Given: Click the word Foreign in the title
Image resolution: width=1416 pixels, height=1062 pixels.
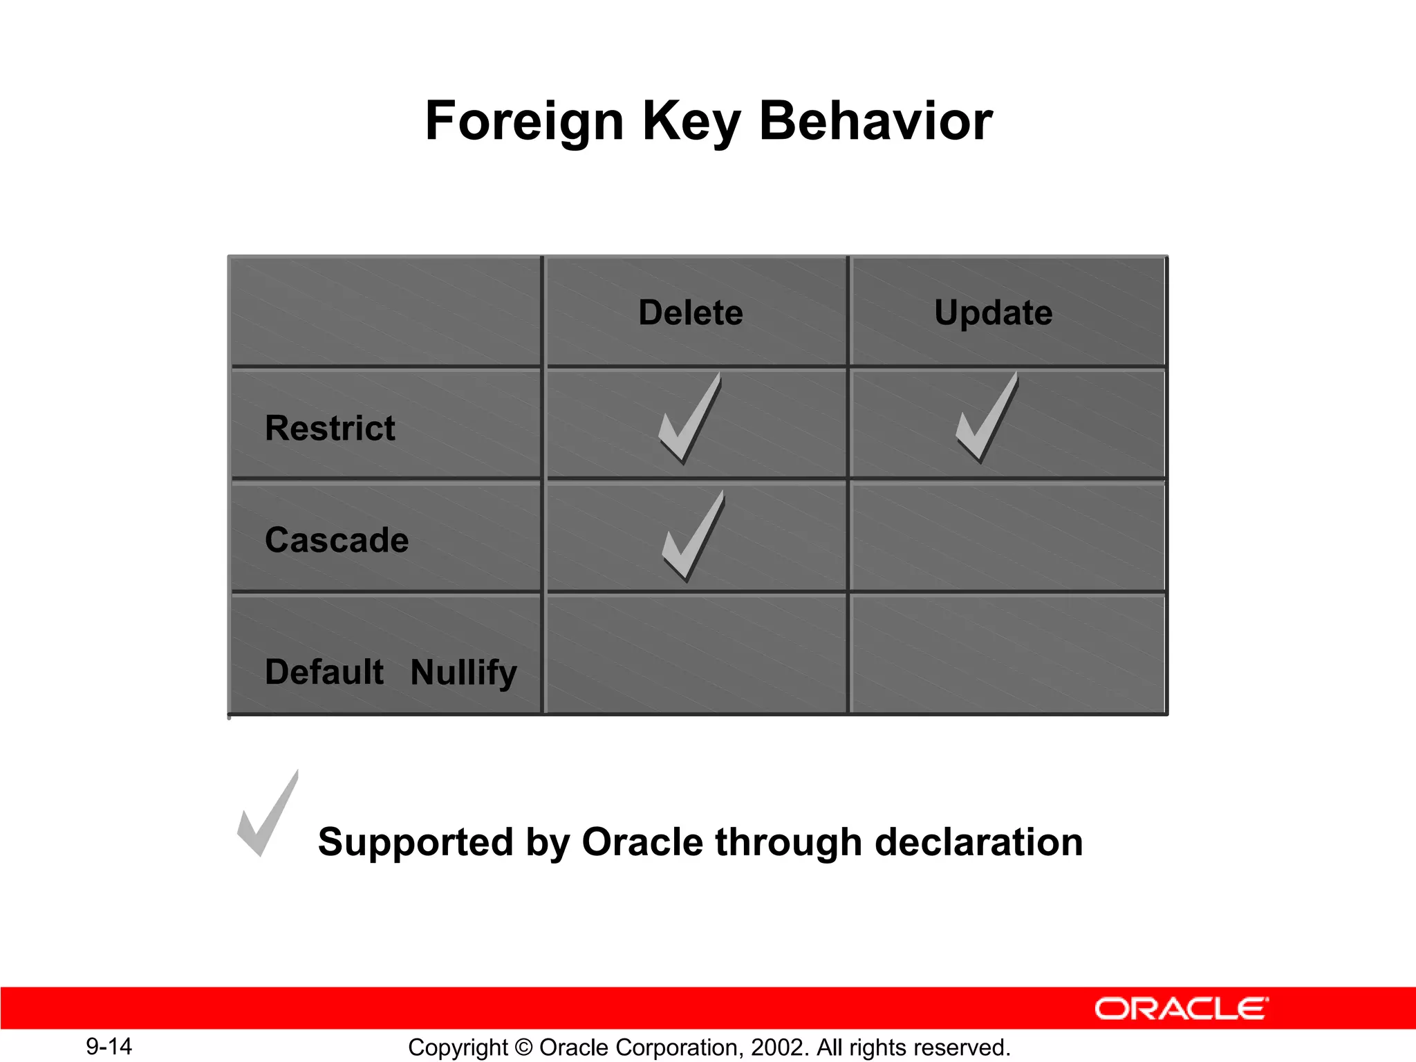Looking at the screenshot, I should click(524, 122).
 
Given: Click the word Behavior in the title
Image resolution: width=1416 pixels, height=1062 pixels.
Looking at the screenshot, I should click(875, 122).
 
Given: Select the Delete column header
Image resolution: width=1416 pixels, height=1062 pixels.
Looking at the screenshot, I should click(691, 313).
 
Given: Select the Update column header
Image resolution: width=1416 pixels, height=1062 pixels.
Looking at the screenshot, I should click(993, 313).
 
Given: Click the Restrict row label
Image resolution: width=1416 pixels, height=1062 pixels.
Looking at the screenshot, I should click(330, 428).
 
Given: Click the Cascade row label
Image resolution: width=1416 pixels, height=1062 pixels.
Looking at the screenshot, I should click(337, 540).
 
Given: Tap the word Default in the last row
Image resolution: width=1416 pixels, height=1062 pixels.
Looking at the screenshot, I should click(324, 672).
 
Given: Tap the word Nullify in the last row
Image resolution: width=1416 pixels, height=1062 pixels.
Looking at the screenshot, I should click(463, 672).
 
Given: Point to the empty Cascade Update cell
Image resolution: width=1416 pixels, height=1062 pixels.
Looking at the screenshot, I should click(1007, 537).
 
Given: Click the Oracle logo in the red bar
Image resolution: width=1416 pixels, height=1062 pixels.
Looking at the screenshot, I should click(1181, 1009).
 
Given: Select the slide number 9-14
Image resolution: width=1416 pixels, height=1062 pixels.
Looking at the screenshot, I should click(109, 1046).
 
